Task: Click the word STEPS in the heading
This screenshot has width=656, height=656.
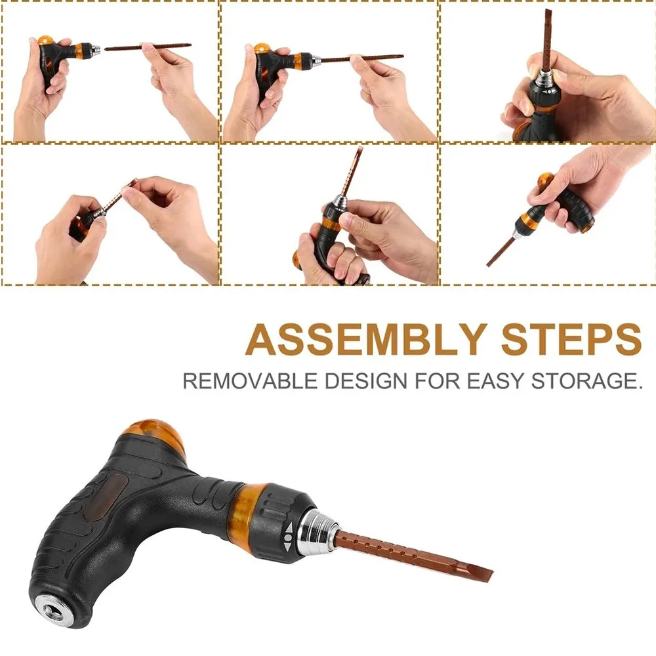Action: [571, 339]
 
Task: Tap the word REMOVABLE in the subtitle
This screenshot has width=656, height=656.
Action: [250, 381]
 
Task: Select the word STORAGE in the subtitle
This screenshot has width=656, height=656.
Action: [586, 381]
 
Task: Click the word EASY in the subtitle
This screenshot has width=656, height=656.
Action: [495, 381]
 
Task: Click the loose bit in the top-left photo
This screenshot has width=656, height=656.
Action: [148, 47]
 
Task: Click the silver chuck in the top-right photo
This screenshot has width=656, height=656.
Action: [545, 78]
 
